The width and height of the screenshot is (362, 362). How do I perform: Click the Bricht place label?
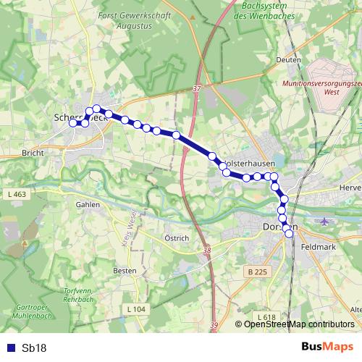(x=33, y=153)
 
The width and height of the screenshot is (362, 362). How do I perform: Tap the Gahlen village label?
(x=88, y=204)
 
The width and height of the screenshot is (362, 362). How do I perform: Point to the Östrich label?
(x=177, y=238)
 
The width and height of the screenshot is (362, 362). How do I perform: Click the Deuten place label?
(x=287, y=60)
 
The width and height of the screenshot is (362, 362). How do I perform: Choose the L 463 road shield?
(x=17, y=195)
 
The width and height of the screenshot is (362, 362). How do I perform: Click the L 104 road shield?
(x=135, y=309)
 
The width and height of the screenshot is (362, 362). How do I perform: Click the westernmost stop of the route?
(x=72, y=123)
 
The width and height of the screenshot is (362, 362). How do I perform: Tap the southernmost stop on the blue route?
(x=290, y=233)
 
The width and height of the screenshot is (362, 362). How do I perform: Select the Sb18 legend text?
(x=34, y=348)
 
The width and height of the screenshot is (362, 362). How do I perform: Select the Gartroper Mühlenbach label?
(x=28, y=321)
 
